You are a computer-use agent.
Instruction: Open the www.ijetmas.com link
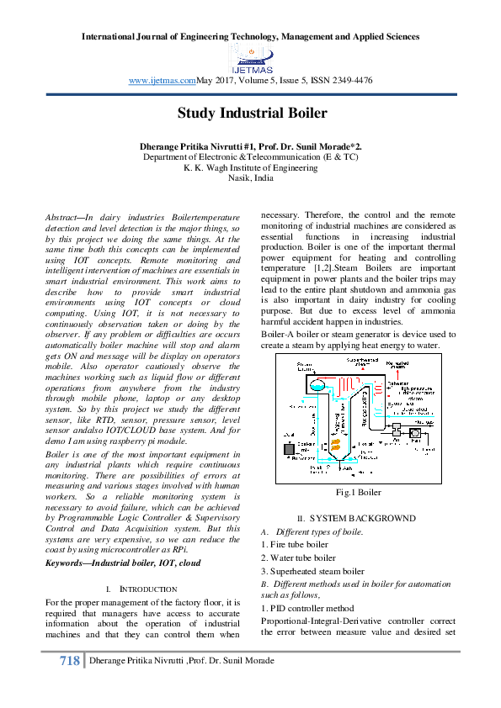point(163,80)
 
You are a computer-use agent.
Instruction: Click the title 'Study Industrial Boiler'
point(251,113)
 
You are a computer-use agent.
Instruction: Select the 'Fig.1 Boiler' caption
point(359,492)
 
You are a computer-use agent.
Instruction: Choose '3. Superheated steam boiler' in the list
point(316,570)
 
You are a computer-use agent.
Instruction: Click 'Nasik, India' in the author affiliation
point(250,178)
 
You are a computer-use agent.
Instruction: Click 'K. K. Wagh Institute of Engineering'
point(250,167)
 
